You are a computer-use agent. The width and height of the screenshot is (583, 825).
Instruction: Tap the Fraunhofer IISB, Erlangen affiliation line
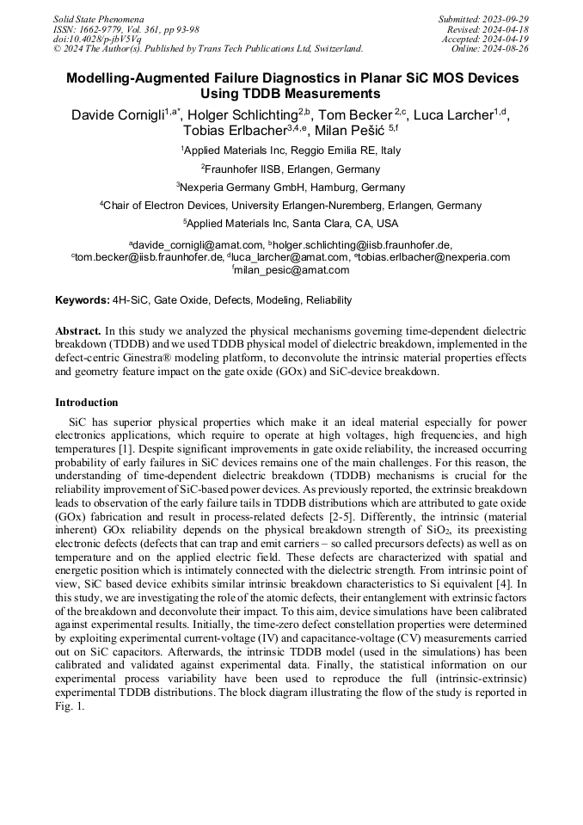click(291, 169)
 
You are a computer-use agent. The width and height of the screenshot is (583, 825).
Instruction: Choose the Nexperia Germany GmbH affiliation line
click(291, 187)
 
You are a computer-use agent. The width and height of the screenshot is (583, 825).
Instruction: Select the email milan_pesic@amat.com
click(291, 270)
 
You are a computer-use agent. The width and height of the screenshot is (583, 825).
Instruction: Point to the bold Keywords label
click(82, 301)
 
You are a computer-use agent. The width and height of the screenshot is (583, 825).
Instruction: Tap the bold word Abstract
click(78, 331)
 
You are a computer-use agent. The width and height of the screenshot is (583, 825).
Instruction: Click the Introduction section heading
click(86, 403)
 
